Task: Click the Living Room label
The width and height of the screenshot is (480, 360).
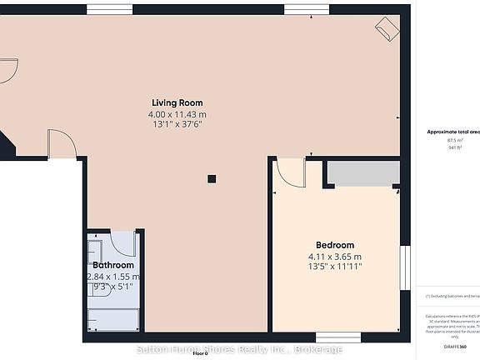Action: click(177, 102)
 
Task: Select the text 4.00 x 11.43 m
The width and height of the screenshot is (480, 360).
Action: click(177, 113)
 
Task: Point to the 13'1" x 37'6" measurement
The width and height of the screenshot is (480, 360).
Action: click(177, 123)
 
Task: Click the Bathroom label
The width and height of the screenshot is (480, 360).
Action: click(113, 266)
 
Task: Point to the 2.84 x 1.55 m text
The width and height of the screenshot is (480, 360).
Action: click(113, 277)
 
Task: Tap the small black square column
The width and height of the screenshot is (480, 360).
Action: click(212, 177)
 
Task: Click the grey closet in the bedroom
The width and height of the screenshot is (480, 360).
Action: click(360, 172)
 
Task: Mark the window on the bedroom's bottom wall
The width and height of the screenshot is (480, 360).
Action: click(338, 337)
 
